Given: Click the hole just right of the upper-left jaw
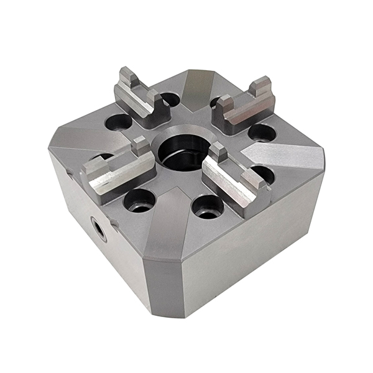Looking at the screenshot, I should coord(168,99).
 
